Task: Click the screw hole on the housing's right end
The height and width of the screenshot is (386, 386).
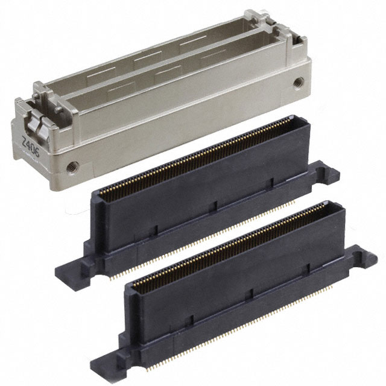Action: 296,81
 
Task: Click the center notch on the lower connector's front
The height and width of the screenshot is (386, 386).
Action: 250,290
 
